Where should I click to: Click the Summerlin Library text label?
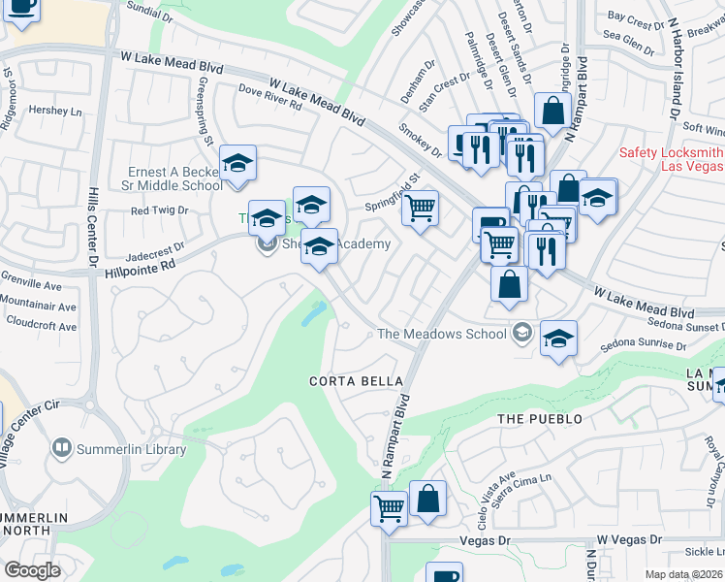pos(127,447)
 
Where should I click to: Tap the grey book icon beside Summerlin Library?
pos(61,447)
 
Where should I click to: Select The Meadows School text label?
pos(441,334)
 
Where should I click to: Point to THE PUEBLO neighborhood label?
pos(540,418)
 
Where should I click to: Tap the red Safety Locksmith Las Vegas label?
pos(671,160)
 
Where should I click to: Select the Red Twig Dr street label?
pos(159,210)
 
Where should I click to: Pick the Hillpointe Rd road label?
pos(141,263)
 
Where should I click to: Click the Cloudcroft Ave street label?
pos(39,327)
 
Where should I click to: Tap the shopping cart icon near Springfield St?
pos(420,208)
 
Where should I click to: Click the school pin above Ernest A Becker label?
pos(236,164)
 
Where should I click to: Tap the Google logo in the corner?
pos(32,569)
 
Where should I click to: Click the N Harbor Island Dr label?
pos(671,68)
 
